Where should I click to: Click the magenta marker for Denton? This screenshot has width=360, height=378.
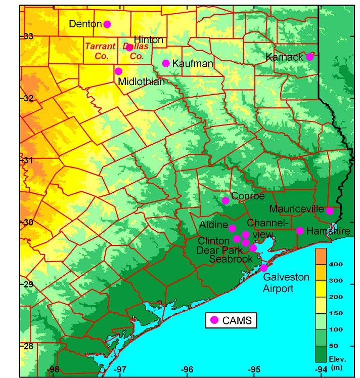pyautogui.click(x=107, y=24)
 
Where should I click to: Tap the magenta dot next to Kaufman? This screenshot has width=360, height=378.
pyautogui.click(x=166, y=63)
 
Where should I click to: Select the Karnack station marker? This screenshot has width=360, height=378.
pyautogui.click(x=310, y=57)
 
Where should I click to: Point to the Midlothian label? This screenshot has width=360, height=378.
pyautogui.click(x=137, y=81)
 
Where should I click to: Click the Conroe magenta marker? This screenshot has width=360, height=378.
pyautogui.click(x=226, y=200)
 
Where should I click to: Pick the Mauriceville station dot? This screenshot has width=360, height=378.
pyautogui.click(x=330, y=211)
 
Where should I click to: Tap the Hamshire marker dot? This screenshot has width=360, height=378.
pyautogui.click(x=300, y=231)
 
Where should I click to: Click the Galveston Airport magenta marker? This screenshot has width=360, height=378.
pyautogui.click(x=263, y=268)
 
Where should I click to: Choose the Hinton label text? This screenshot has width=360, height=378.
pyautogui.click(x=148, y=39)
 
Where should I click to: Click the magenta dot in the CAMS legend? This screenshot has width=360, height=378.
pyautogui.click(x=214, y=320)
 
